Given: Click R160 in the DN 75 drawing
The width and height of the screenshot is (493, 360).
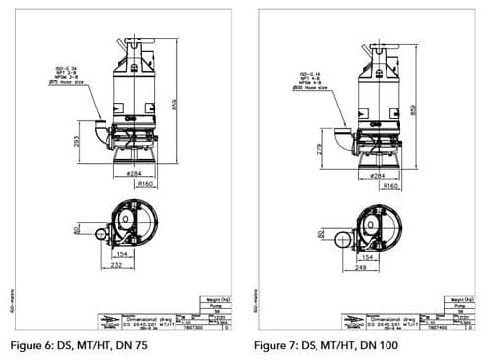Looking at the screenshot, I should point(146,184).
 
